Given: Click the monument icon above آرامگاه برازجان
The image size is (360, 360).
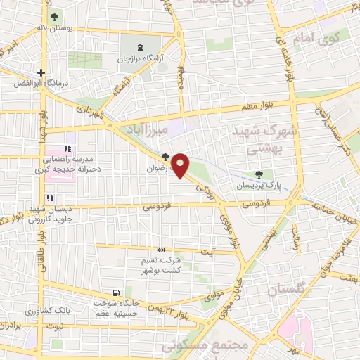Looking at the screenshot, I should click(142, 47).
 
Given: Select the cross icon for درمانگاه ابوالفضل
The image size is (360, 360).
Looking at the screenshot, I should click(41, 72).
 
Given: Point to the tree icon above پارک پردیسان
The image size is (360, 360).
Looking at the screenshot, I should click(261, 174).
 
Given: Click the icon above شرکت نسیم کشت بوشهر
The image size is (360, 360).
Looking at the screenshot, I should click(161, 250).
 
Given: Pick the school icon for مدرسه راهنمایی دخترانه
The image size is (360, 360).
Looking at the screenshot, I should click(67, 148).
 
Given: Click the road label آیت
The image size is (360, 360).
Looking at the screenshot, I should click(209, 252).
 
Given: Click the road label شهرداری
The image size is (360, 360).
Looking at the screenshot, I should click(90, 111).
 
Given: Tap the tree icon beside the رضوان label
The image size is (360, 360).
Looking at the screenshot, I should click(165, 157).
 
